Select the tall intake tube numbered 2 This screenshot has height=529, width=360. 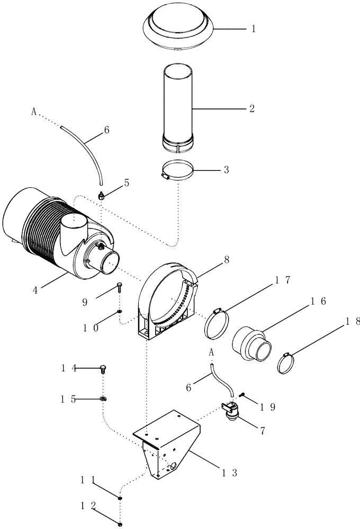tap(177, 106)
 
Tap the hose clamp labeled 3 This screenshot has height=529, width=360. tap(177, 172)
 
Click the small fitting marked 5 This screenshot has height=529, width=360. tap(100, 196)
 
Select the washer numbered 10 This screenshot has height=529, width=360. tap(120, 312)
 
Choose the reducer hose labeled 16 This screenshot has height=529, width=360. tap(250, 346)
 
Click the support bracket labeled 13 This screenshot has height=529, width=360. tap(165, 444)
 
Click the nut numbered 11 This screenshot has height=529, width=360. tap(121, 498)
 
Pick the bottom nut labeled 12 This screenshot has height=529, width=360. tap(121, 524)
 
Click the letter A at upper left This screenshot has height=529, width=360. tap(34, 112)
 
